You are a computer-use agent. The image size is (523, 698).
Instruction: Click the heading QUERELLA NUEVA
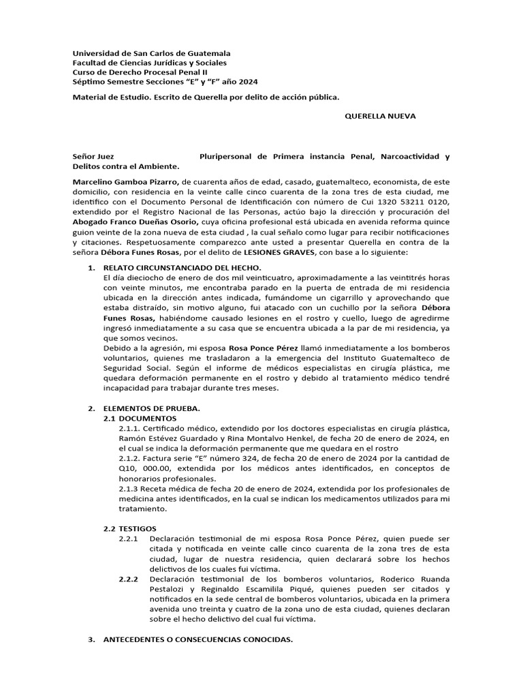pyautogui.click(x=381, y=117)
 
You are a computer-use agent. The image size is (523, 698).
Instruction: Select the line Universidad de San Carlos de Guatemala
pyautogui.click(x=151, y=53)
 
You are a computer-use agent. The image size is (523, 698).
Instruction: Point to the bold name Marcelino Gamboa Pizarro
pyautogui.click(x=126, y=182)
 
